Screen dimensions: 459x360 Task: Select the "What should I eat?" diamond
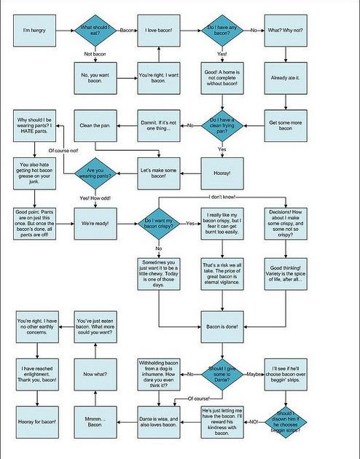(97, 31)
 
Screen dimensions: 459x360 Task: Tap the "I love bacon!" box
(159, 31)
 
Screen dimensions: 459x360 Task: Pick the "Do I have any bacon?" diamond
(222, 31)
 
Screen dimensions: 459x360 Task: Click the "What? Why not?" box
(284, 31)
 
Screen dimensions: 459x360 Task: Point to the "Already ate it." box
(284, 77)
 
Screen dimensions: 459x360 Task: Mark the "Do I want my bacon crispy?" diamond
(159, 223)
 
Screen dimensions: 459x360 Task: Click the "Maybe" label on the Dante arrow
(254, 374)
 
